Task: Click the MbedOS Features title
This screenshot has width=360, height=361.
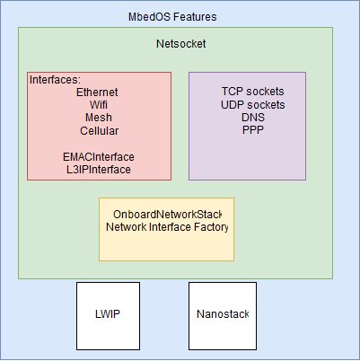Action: [172, 17]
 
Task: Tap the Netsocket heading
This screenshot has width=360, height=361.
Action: [180, 44]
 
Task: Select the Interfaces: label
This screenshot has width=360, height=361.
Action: [55, 80]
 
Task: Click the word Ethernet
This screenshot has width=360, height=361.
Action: [97, 92]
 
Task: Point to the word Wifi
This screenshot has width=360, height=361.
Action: [99, 105]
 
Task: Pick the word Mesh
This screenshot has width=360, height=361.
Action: [99, 118]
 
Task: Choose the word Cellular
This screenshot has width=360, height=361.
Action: [99, 131]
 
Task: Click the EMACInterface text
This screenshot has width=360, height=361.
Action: [99, 157]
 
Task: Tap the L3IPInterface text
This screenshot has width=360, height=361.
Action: [99, 170]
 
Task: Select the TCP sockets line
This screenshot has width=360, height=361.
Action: [253, 92]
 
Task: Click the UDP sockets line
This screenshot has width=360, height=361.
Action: [253, 105]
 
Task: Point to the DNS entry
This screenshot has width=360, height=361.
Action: [253, 118]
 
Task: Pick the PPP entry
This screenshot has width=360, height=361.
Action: [253, 130]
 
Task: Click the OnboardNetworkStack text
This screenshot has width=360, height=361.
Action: [168, 215]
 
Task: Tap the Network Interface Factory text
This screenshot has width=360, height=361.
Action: [167, 227]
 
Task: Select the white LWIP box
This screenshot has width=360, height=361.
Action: [108, 316]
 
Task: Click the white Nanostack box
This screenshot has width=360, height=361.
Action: [223, 316]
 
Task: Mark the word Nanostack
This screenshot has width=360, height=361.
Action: [223, 314]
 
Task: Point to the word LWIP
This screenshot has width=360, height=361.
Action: [108, 314]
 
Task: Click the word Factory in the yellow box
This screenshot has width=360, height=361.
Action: [211, 227]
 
